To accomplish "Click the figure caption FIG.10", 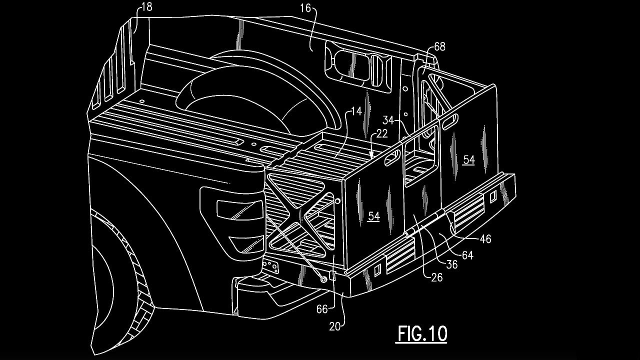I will (422, 333).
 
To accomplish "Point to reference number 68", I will (439, 47).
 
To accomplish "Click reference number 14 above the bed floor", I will (356, 111).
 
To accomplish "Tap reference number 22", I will (382, 134).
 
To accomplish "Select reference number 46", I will (485, 239).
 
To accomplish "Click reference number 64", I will (467, 255).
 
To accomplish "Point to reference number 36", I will (451, 265).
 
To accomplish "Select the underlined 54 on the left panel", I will (373, 216).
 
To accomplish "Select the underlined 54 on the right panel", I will (468, 159).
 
